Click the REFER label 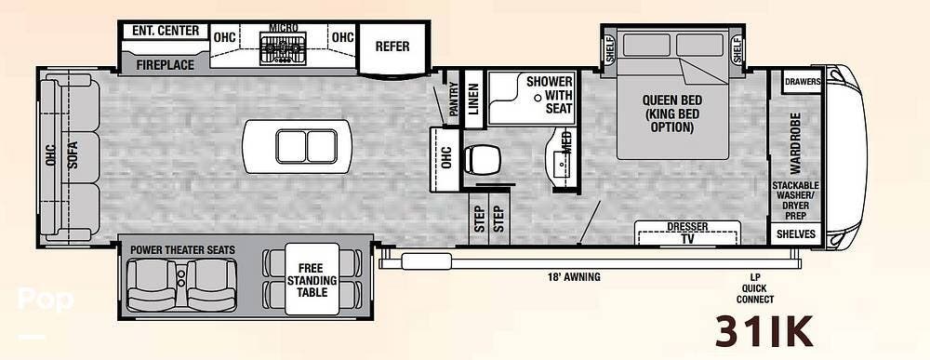[x=392, y=47]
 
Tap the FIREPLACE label [x=166, y=64]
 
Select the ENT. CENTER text [x=166, y=31]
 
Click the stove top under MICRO [x=283, y=47]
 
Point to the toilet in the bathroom [x=481, y=160]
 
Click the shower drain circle [x=538, y=98]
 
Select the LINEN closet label [x=472, y=99]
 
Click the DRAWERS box [x=803, y=82]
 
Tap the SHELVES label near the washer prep [x=795, y=234]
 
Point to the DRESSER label [x=687, y=227]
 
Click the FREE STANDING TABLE [x=312, y=279]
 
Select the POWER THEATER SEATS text [x=182, y=250]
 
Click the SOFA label [x=73, y=158]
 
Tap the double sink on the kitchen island [x=307, y=146]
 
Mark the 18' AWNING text [x=574, y=276]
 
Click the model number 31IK [x=764, y=331]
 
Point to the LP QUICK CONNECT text [x=754, y=288]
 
